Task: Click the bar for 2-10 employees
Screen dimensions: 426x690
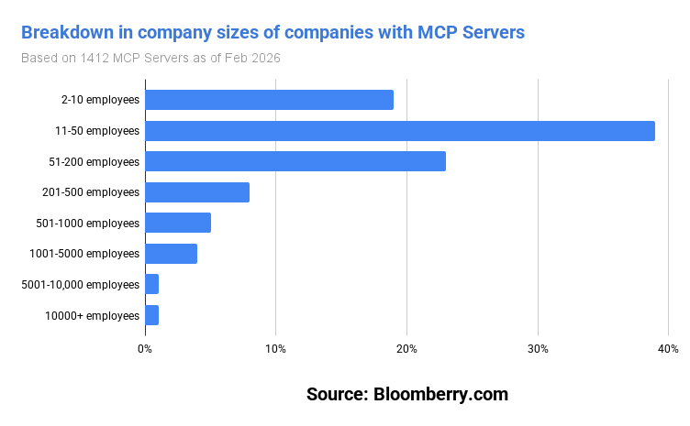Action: pos(269,100)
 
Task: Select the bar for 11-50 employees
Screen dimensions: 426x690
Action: pos(399,131)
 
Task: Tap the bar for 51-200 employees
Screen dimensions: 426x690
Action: pos(295,161)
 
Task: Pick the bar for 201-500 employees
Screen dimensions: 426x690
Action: pos(197,192)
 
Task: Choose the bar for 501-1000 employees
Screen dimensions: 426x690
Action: pos(178,223)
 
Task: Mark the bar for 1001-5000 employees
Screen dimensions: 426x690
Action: pos(171,254)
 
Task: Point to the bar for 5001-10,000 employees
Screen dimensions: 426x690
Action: pos(152,285)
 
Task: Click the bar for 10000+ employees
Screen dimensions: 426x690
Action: pos(152,315)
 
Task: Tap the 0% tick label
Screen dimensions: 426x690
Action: pos(145,349)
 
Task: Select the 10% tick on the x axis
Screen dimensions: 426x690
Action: pos(275,349)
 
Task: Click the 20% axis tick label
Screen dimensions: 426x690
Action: pos(406,349)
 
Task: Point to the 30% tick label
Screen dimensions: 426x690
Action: pos(538,349)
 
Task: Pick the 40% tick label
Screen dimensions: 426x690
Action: pos(668,349)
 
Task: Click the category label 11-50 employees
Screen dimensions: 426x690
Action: pos(97,131)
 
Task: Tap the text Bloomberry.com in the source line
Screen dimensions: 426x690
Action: pos(440,395)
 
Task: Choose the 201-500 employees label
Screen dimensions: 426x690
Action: pos(91,192)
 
